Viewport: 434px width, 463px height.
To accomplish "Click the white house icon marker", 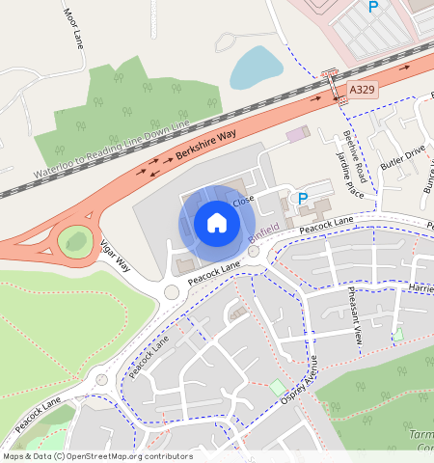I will click(x=217, y=223).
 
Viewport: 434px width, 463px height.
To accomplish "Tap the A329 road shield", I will click(x=361, y=90).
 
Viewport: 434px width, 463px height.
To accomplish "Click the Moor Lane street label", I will click(x=73, y=27).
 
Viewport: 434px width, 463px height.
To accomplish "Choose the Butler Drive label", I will click(x=402, y=157).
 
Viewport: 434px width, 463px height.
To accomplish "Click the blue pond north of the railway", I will click(x=257, y=68).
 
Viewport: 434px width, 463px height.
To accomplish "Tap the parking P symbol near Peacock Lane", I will click(x=302, y=200).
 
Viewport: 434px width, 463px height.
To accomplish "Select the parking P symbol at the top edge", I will click(x=373, y=7).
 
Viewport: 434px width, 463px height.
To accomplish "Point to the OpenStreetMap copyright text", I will click(x=96, y=456).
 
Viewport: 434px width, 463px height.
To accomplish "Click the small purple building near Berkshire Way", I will click(x=297, y=133).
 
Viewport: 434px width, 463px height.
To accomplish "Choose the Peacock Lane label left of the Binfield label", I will click(x=213, y=271).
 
